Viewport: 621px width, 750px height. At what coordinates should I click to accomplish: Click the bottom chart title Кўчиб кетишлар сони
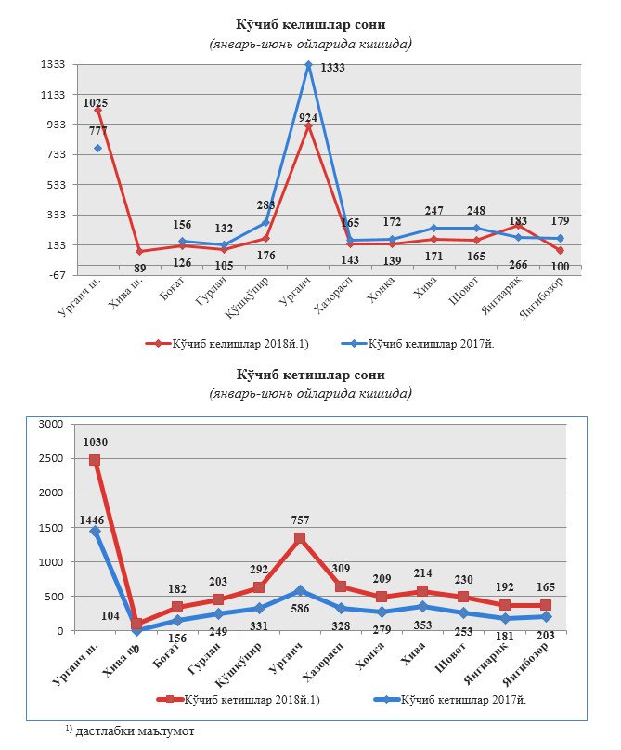(x=310, y=375)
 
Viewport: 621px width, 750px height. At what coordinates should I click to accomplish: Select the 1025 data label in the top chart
(x=97, y=102)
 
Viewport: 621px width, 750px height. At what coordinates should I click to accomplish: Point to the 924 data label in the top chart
(x=309, y=117)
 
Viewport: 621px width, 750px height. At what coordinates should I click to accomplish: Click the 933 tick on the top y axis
(x=51, y=125)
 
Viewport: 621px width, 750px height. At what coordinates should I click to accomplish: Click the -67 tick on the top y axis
(x=51, y=275)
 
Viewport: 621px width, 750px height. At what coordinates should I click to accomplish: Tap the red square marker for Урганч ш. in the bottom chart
(x=95, y=461)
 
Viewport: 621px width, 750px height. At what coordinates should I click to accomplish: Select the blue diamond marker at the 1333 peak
(x=308, y=64)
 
